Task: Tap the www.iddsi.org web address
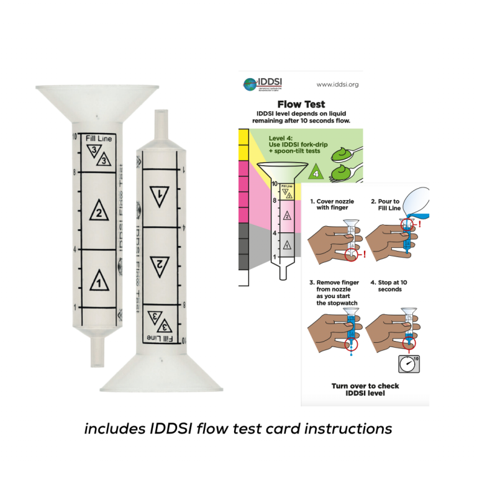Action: point(337,84)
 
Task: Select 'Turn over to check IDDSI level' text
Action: point(365,389)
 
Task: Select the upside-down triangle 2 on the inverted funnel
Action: point(160,263)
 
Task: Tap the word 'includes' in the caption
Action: point(111,429)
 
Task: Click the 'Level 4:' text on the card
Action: point(282,138)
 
